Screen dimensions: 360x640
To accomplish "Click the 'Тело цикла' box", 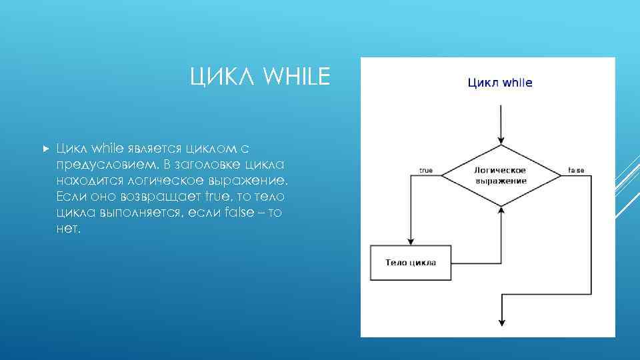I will (x=411, y=262).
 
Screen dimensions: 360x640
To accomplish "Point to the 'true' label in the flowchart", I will (x=425, y=171).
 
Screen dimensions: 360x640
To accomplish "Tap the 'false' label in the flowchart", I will (x=576, y=171).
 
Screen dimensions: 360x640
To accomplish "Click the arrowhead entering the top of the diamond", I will (x=501, y=139).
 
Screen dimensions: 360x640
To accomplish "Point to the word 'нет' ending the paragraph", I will (x=67, y=229).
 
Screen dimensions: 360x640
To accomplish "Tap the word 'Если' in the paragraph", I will (x=70, y=197).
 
